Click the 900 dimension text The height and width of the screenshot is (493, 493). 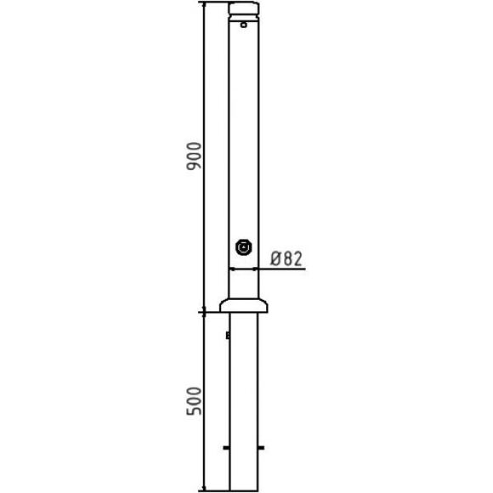pos(194,156)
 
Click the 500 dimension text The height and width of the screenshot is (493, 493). pos(194,401)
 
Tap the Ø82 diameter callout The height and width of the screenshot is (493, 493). pos(286,258)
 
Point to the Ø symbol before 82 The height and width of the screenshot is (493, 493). pos(275,258)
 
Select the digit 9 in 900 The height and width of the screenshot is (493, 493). pos(194,166)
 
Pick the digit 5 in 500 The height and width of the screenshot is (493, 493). pos(194,411)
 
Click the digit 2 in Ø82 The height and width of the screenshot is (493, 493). pos(297,258)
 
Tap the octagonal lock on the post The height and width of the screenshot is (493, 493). pos(244,247)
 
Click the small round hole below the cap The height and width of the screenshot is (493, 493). pos(244,25)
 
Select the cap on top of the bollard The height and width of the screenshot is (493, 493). pos(244,8)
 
